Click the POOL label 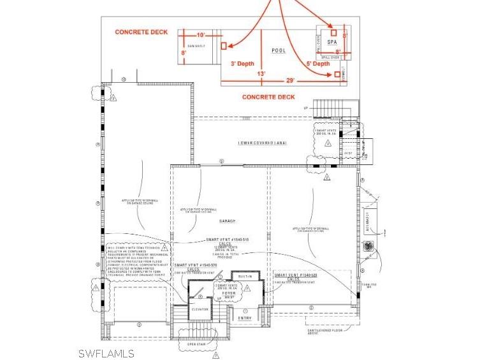tap(279, 50)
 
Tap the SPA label tap(331, 41)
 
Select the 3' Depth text tap(242, 64)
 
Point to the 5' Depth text tap(318, 64)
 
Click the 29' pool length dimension tap(291, 81)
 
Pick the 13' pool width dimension tap(261, 74)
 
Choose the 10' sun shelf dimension tap(201, 34)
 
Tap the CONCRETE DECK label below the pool tap(268, 97)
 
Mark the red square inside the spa tap(333, 32)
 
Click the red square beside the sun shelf tap(223, 46)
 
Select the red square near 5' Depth tap(337, 75)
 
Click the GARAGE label tap(228, 221)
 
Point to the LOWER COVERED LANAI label tap(263, 143)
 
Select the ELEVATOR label tap(201, 309)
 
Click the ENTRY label tap(245, 317)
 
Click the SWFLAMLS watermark tap(106, 353)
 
